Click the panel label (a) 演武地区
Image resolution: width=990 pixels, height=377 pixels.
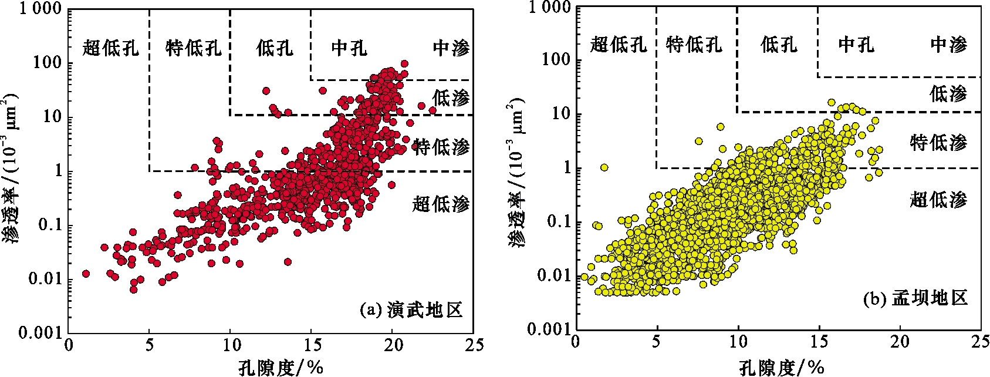click(x=411, y=309)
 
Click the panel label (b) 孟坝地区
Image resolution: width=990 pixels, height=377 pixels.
click(x=915, y=299)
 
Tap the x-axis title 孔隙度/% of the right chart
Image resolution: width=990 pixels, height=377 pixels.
click(x=780, y=368)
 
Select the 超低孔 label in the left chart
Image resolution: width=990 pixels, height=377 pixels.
click(x=111, y=48)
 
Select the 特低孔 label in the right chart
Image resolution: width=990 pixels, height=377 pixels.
click(x=694, y=45)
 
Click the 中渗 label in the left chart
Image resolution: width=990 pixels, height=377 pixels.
click(x=451, y=48)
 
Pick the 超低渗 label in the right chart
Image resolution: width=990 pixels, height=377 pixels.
click(x=938, y=200)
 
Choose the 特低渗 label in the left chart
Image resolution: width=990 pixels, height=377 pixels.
click(x=441, y=147)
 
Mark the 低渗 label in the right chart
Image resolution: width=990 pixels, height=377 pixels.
click(x=948, y=93)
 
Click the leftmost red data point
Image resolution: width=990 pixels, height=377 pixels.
click(x=86, y=274)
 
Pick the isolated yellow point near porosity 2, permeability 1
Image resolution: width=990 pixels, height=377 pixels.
click(x=604, y=167)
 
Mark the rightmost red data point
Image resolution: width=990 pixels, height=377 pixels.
click(x=433, y=110)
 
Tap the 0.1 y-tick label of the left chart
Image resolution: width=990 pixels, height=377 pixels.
click(x=50, y=226)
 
